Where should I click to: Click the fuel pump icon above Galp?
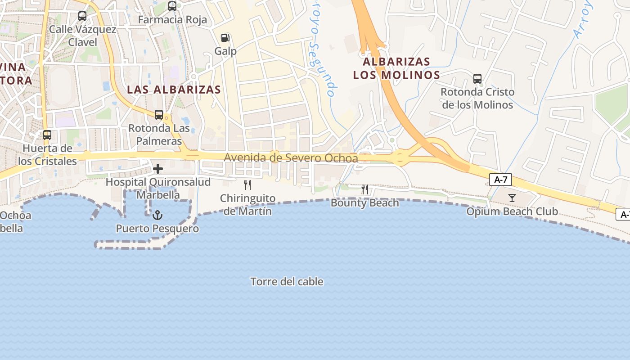click(x=225, y=38)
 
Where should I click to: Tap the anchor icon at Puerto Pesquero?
click(x=157, y=215)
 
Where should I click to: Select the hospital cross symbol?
click(x=158, y=169)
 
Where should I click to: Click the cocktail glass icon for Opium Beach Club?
click(x=512, y=198)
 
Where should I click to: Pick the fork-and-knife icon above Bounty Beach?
click(x=365, y=189)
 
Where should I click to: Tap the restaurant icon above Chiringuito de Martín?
click(x=247, y=184)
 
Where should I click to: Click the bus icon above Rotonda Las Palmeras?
click(x=159, y=114)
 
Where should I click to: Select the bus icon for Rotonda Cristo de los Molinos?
click(x=477, y=79)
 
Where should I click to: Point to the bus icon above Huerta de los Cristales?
click(x=47, y=135)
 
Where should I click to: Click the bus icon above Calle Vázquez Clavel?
click(x=82, y=16)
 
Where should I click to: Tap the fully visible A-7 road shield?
click(x=500, y=180)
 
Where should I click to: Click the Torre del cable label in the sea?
click(x=287, y=282)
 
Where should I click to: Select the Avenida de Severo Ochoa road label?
click(x=291, y=158)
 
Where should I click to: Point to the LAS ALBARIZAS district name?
click(x=174, y=90)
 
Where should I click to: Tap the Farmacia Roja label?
click(x=172, y=20)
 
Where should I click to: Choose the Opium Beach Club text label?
click(x=512, y=211)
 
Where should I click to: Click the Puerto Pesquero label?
click(x=157, y=229)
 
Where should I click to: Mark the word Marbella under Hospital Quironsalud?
click(x=158, y=195)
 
